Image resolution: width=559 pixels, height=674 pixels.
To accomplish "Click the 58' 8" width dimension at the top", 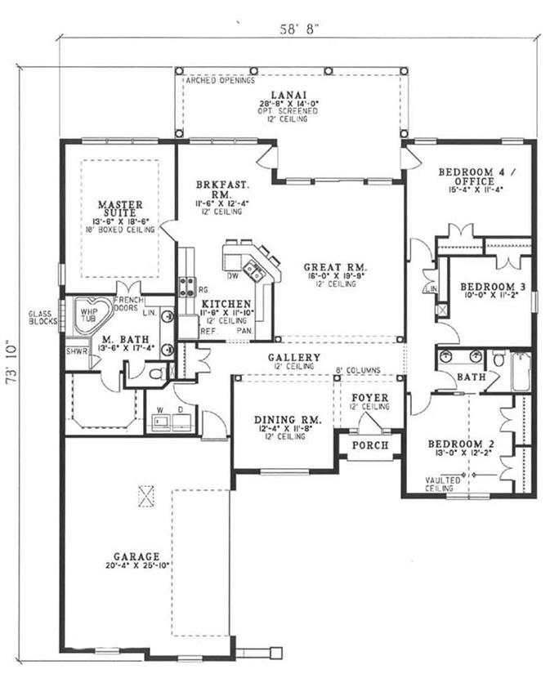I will coord(299,27).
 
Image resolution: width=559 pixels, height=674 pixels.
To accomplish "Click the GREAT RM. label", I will coord(334,267).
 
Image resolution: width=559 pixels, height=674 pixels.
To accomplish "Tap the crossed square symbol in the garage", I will coord(147,495).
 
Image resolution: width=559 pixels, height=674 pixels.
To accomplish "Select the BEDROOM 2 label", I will coord(459,444).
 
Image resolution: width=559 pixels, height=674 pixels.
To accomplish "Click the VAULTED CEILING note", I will coord(444,484).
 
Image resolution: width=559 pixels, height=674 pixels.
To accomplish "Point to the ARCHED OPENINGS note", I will coord(219,81).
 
